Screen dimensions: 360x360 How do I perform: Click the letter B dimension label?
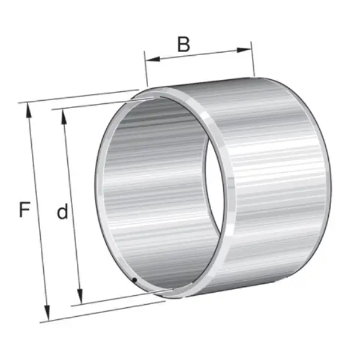pyautogui.click(x=184, y=44)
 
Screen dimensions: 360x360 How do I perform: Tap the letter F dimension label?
pyautogui.click(x=25, y=209)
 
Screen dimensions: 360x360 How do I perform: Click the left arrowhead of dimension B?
pyautogui.click(x=152, y=59)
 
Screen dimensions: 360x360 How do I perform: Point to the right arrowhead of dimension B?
pyautogui.click(x=244, y=50)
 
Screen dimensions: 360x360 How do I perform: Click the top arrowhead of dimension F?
pyautogui.click(x=29, y=110)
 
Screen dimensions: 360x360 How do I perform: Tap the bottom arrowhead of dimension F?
pyautogui.click(x=47, y=313)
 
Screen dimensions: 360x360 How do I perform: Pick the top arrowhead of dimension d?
pyautogui.click(x=64, y=117)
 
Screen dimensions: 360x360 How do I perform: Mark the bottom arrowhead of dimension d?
pyautogui.click(x=80, y=296)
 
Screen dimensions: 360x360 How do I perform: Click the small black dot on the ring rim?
pyautogui.click(x=135, y=280)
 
